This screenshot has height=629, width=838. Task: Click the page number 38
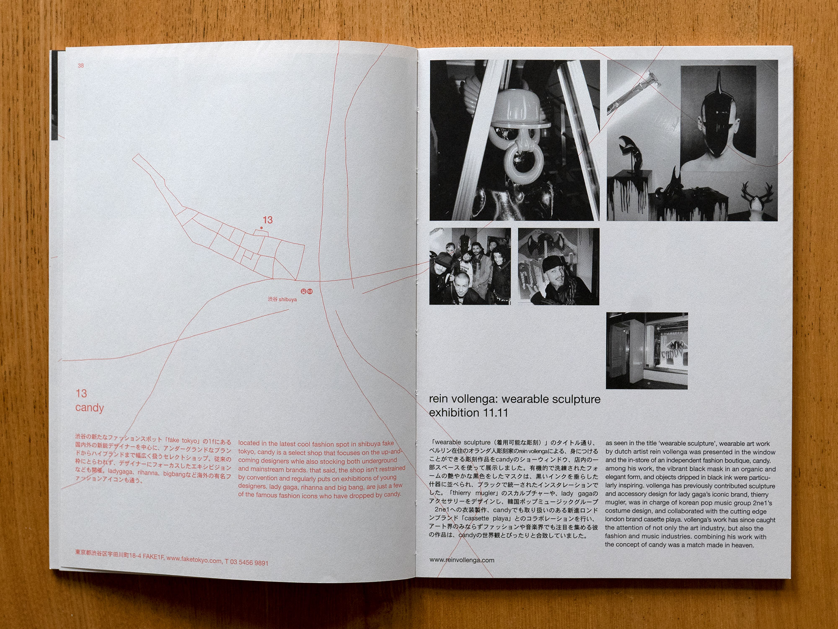click(x=80, y=65)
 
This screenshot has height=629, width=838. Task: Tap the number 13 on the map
click(x=267, y=220)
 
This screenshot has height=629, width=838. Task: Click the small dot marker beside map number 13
click(x=261, y=228)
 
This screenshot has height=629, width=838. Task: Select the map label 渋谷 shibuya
click(x=282, y=299)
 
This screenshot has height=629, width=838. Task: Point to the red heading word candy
click(x=90, y=408)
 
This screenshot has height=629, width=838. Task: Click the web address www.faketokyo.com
click(x=194, y=560)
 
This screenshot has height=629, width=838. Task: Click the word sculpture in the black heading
click(x=576, y=399)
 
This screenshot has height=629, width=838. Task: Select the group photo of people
click(x=470, y=266)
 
